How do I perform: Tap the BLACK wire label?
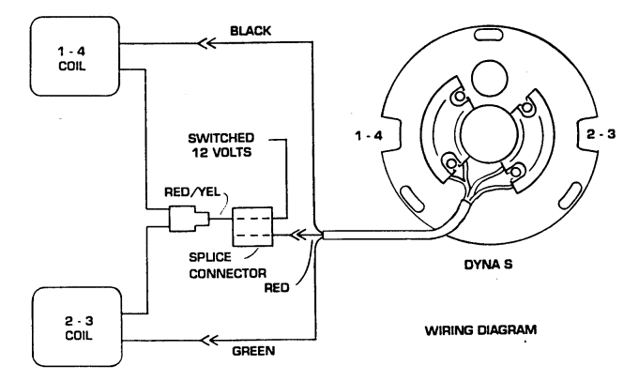pos(252,30)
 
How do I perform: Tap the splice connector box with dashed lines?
pos(252,226)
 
